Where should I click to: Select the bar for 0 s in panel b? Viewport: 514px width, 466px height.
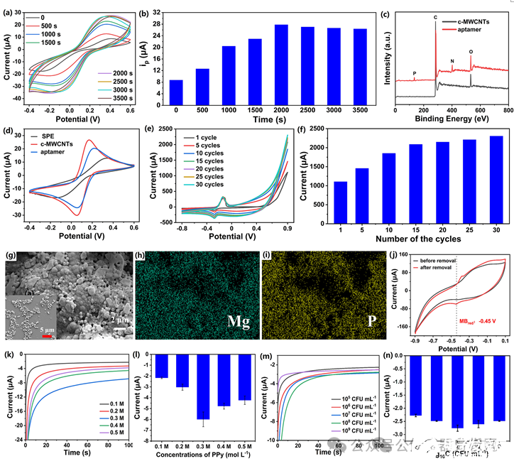[176, 93]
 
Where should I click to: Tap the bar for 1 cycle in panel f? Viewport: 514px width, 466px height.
[341, 202]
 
